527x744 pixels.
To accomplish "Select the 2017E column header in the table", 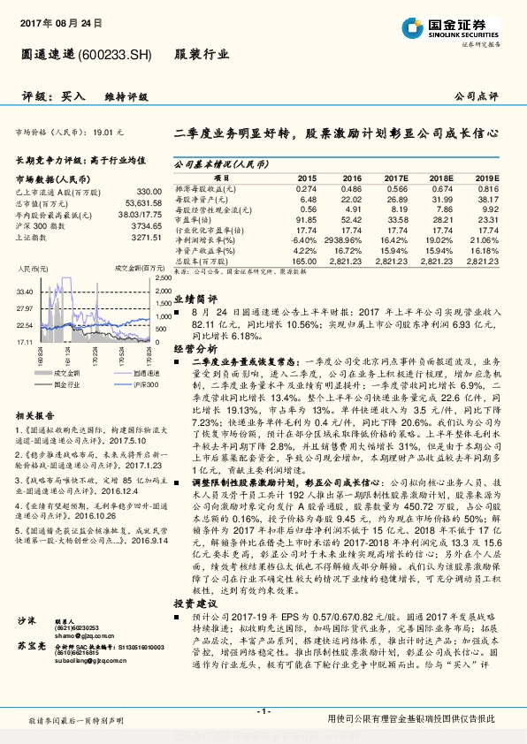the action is pyautogui.click(x=395, y=177).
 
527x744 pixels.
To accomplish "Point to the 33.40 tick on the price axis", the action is pyautogui.click(x=25, y=291).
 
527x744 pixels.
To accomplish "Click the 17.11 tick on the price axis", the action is pyautogui.click(x=25, y=341).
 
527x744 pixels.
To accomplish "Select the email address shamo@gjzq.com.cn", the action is pyautogui.click(x=83, y=634).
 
